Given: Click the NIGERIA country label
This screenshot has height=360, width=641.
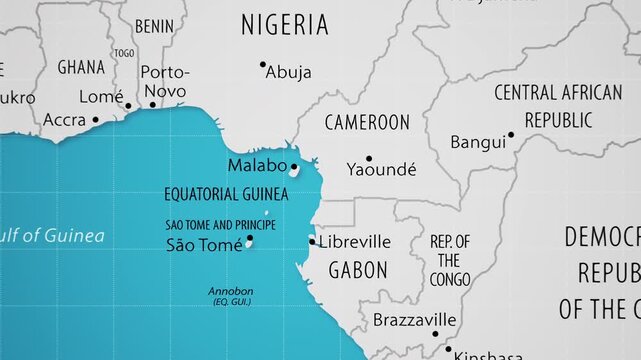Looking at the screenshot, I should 285,25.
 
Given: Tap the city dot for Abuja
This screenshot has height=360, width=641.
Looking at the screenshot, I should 263,65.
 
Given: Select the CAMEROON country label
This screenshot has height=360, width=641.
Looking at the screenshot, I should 367,122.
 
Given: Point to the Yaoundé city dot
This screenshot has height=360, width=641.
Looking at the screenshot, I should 368,158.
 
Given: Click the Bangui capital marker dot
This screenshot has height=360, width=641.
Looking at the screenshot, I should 511,134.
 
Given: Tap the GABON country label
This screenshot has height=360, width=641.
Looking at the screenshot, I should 358,269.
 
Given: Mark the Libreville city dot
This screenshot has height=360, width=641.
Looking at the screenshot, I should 312,241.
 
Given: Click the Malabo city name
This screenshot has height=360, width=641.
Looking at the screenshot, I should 257,165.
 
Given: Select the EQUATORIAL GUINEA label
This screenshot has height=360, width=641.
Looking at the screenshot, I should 227,194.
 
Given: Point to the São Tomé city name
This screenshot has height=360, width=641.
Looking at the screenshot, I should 203,244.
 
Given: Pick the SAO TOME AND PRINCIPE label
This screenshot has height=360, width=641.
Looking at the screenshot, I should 220,225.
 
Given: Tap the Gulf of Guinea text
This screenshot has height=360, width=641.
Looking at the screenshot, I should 52,236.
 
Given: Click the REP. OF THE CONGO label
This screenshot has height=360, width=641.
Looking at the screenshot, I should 450,260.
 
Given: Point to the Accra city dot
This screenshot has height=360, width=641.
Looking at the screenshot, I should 95,119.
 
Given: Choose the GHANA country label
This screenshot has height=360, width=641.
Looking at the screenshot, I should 81,67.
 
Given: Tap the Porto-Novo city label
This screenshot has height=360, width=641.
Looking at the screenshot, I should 163,81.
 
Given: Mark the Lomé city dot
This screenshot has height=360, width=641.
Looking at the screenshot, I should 128,105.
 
